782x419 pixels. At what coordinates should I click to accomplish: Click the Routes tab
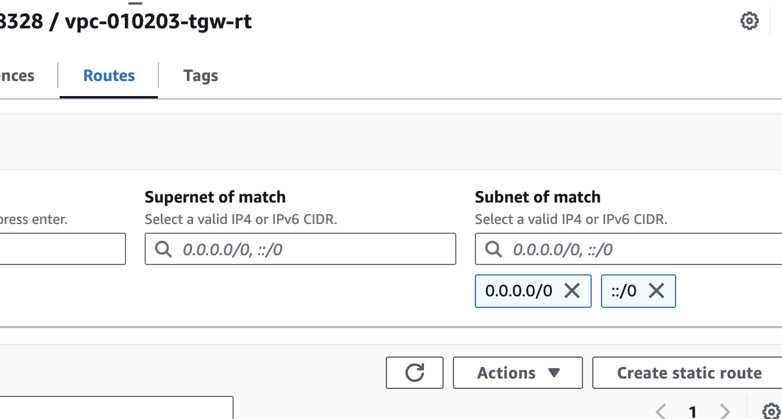[x=109, y=76]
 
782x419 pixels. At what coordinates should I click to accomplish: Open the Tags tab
[x=200, y=76]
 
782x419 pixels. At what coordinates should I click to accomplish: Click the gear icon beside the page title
[x=749, y=21]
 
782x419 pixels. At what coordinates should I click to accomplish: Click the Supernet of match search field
[x=312, y=249]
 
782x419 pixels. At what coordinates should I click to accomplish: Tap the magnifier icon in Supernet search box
[x=164, y=249]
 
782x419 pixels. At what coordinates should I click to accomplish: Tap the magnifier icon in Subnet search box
[x=493, y=249]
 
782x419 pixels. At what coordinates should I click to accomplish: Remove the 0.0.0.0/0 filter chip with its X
[x=571, y=291]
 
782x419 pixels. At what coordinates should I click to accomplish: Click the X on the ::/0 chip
[x=656, y=291]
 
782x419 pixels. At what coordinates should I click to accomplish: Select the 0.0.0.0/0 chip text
[x=519, y=291]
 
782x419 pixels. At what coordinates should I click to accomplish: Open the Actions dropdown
[x=517, y=373]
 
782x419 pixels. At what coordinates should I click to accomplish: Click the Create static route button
[x=689, y=373]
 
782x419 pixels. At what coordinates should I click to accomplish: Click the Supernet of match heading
[x=215, y=197]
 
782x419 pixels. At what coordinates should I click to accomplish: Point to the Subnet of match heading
[x=537, y=197]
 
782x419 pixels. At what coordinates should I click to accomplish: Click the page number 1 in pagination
[x=692, y=411]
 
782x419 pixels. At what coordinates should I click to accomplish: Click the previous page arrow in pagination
[x=661, y=411]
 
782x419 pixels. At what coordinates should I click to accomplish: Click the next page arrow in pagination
[x=724, y=411]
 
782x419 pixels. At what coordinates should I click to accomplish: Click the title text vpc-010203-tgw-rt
[x=158, y=22]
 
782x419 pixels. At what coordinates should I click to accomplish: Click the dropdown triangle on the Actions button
[x=554, y=373]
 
